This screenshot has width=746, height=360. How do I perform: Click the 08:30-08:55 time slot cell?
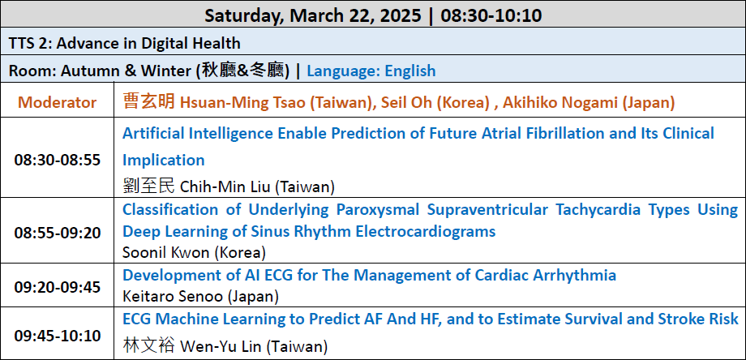click(57, 160)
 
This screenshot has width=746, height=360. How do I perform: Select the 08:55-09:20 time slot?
click(57, 233)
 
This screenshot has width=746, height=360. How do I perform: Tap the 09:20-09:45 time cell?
click(57, 287)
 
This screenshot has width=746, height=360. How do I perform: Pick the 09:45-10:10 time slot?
click(57, 336)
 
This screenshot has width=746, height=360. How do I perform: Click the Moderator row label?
click(57, 102)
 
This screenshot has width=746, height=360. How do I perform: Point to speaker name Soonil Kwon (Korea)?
click(194, 252)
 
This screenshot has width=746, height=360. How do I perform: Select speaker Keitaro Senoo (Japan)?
click(200, 297)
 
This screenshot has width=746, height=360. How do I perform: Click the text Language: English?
click(371, 71)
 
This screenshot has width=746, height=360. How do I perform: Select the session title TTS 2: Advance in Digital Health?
click(125, 43)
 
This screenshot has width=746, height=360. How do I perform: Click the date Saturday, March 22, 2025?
click(312, 15)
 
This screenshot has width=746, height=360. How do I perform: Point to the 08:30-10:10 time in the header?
click(491, 15)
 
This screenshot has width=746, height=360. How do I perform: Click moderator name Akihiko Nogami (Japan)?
click(589, 103)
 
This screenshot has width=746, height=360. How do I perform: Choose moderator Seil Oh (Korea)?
click(435, 103)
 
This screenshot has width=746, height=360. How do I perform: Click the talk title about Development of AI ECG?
click(369, 275)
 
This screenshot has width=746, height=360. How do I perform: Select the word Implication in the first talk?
click(164, 161)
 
